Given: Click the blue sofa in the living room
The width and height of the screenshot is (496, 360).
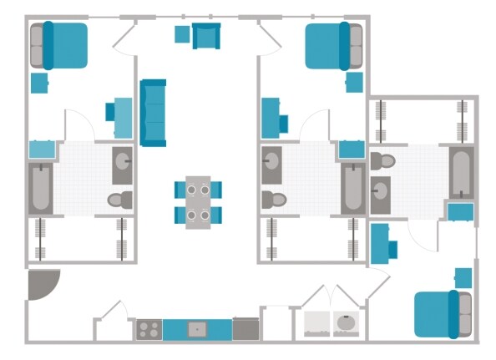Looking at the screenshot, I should pos(153,112).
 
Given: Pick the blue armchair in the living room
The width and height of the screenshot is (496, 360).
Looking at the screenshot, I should pos(205,36).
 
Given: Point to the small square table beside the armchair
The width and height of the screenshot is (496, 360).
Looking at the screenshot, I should pos(182,33).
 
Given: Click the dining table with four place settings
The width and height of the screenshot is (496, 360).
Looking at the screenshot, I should pos(199,201).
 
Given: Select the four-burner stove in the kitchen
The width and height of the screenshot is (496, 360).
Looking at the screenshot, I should pos(149,329).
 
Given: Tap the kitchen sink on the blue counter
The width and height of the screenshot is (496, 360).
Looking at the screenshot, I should pos(197,329).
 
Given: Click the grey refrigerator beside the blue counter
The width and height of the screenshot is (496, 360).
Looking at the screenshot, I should pos(245,329).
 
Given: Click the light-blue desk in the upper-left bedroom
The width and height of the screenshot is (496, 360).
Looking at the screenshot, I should pos(122,118).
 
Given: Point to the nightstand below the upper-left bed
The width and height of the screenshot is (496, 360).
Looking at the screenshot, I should pos(39,83).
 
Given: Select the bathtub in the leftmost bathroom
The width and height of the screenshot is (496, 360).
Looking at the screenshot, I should pos(40,189).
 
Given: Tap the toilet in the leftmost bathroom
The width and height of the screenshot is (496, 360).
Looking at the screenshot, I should pos(120,200).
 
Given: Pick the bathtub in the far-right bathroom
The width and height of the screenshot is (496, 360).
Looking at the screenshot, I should pos(461,174).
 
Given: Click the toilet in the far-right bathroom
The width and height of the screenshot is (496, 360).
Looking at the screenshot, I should pos(382,159).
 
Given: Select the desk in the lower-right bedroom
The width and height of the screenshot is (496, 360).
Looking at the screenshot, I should pos(382,243).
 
